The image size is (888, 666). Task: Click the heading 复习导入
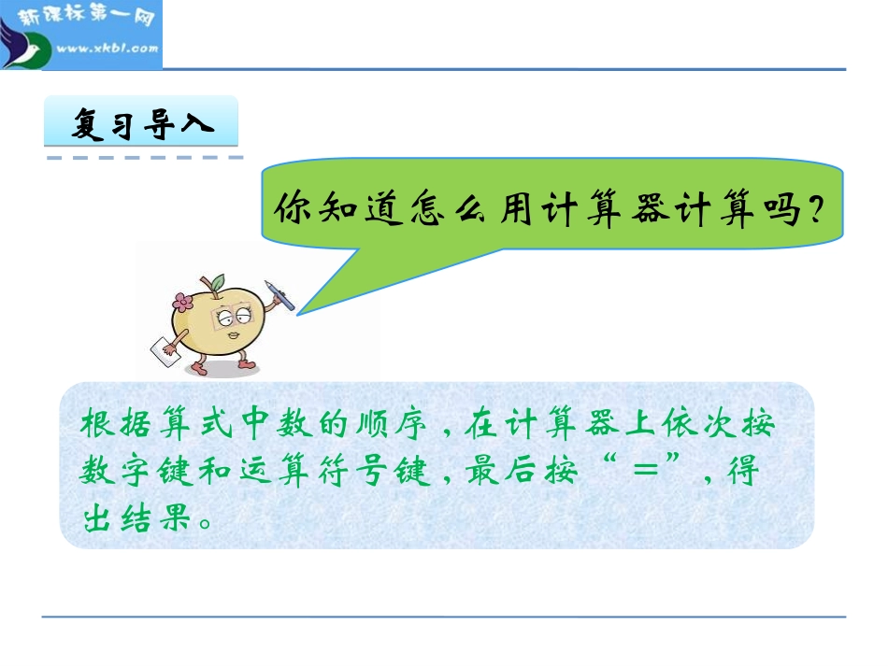pyautogui.click(x=142, y=125)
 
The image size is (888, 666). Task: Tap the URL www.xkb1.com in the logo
pyautogui.click(x=107, y=48)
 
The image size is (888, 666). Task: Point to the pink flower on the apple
pyautogui.click(x=181, y=303)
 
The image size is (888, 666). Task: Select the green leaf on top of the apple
pyautogui.click(x=216, y=279)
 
